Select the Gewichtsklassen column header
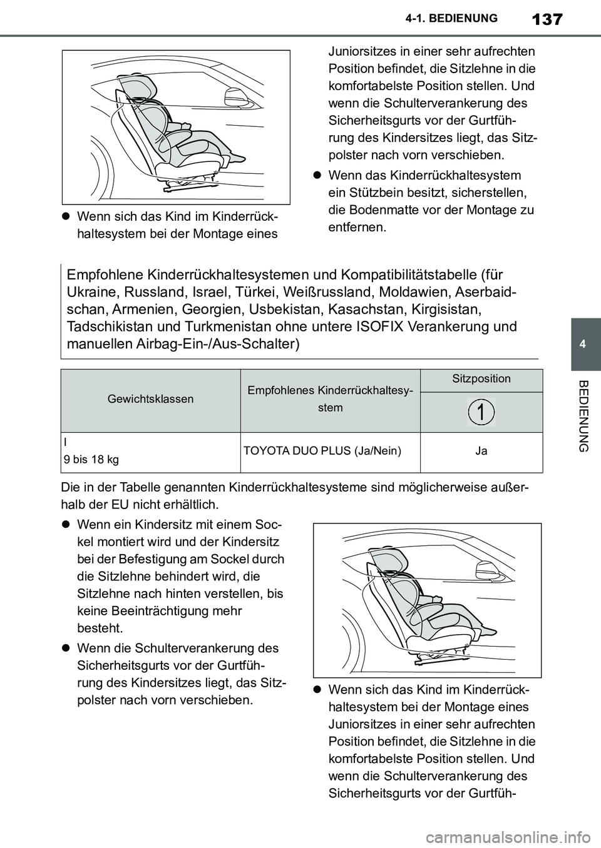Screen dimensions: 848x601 point(150,398)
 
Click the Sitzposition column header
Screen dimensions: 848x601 point(481,379)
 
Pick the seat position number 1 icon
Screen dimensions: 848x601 point(481,411)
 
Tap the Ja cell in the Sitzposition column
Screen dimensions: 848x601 point(481,450)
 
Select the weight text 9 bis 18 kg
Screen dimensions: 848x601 point(91,460)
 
